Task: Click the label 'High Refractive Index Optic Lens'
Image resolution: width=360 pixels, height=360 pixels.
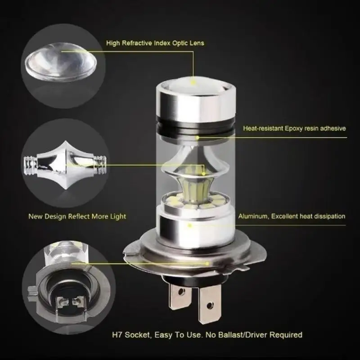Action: (155, 43)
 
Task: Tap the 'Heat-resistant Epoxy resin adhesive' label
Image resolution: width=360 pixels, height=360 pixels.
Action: (294, 128)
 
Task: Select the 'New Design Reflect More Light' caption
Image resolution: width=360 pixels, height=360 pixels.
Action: (77, 216)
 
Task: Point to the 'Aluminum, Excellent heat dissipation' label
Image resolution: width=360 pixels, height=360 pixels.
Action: (292, 216)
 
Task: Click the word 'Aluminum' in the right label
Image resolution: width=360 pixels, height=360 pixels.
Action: (254, 216)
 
